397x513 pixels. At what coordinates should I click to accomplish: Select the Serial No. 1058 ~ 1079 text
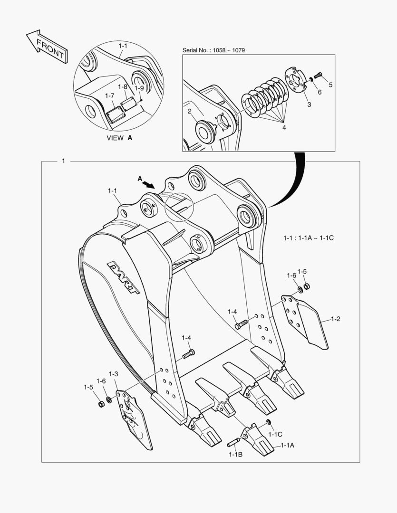(213, 50)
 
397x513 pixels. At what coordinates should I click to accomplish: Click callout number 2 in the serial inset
(189, 112)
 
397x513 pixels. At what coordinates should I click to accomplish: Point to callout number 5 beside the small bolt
(330, 85)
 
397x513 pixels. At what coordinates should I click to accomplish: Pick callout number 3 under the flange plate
(309, 104)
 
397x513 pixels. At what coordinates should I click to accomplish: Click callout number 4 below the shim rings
(284, 127)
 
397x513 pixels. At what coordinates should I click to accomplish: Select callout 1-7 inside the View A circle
(110, 96)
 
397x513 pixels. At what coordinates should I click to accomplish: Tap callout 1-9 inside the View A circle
(139, 88)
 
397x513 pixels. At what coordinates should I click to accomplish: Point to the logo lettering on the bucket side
(123, 277)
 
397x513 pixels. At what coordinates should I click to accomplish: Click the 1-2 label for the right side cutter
(335, 319)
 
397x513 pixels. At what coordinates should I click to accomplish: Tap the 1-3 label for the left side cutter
(114, 374)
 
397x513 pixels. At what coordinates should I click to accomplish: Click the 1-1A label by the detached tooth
(287, 445)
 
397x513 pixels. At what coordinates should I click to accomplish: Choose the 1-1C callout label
(275, 434)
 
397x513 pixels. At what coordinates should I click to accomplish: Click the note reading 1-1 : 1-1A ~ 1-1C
(309, 237)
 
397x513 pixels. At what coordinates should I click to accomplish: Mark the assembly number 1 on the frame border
(64, 161)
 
